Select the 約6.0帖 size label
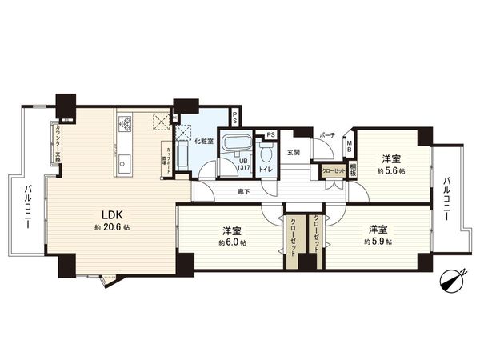(233, 242)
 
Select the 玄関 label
(293, 152)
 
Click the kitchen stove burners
(125, 123)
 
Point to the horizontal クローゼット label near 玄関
(333, 170)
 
